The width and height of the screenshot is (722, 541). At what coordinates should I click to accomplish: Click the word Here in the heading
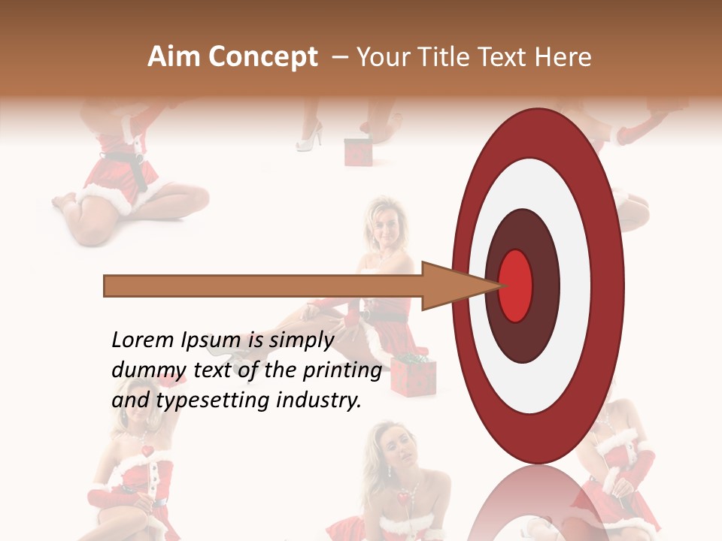coord(563,57)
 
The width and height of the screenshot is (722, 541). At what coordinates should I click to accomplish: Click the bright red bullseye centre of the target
coord(516,284)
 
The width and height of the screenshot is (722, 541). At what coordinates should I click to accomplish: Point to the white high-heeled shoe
coord(310,138)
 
